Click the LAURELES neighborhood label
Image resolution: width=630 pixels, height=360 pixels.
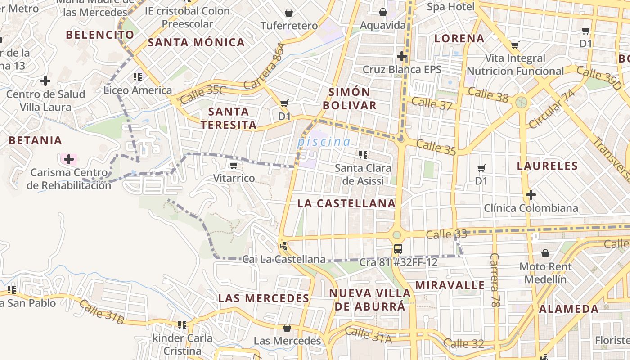coord(547,166)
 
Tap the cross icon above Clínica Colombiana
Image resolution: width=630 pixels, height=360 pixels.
coord(531,195)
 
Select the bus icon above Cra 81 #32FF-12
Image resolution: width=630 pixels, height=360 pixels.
coord(398,249)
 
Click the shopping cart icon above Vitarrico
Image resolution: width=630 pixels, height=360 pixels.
coord(233,166)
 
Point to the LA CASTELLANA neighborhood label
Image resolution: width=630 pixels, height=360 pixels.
coord(346,203)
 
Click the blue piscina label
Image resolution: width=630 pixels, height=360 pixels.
coord(324,142)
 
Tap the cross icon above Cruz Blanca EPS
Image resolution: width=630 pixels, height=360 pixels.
coord(402,56)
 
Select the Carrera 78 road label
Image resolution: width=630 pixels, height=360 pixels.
coord(495,280)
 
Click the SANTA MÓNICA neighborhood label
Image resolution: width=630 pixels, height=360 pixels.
coord(196,43)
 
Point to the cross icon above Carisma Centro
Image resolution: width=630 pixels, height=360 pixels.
coord(69,159)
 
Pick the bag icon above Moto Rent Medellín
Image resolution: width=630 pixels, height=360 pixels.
coord(545,253)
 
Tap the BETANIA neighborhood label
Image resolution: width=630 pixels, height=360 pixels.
coord(36,140)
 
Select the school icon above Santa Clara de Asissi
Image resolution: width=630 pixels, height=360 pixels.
coord(363,155)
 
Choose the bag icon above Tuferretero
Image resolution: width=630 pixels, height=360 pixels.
coord(289,13)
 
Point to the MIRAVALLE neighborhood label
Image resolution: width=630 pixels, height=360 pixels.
coord(450,285)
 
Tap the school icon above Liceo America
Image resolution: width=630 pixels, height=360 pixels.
coord(138,77)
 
